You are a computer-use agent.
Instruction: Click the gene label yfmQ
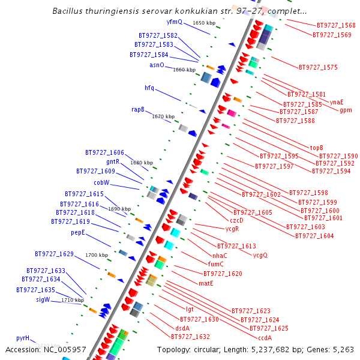174,22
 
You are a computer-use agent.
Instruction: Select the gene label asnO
157,65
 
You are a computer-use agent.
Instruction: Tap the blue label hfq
149,88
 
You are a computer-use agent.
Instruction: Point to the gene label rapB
138,109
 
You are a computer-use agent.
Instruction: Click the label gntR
113,161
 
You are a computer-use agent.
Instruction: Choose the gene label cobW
101,182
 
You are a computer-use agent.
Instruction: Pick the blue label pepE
78,232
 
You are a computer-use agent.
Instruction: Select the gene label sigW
43,299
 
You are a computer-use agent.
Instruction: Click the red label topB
316,148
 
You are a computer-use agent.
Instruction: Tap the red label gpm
346,110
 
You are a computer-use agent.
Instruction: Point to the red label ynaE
337,101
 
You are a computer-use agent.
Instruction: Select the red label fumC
215,263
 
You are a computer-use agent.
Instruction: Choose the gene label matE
206,283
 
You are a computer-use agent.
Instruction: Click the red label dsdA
182,328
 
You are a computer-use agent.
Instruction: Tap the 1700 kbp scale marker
97,255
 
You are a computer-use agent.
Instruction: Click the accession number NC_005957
66,349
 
